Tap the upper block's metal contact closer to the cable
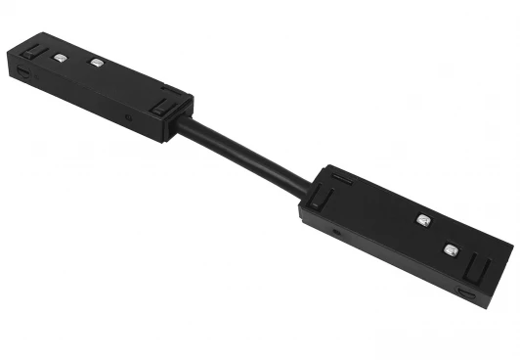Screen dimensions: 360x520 pos(96,64)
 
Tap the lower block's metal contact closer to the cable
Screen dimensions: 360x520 pos(423,219)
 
